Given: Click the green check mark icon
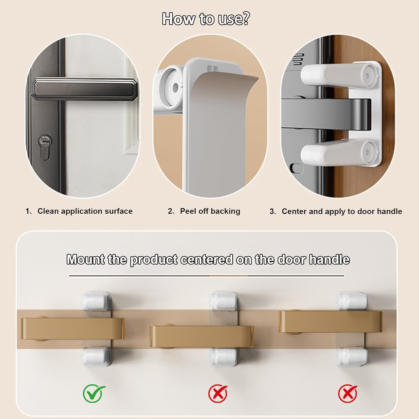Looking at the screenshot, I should pyautogui.click(x=94, y=393).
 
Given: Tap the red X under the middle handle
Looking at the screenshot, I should pyautogui.click(x=218, y=393).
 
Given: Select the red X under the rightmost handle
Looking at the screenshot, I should pyautogui.click(x=347, y=393).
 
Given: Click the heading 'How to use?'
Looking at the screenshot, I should pyautogui.click(x=206, y=19).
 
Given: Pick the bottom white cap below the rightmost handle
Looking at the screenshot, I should pyautogui.click(x=351, y=356).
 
